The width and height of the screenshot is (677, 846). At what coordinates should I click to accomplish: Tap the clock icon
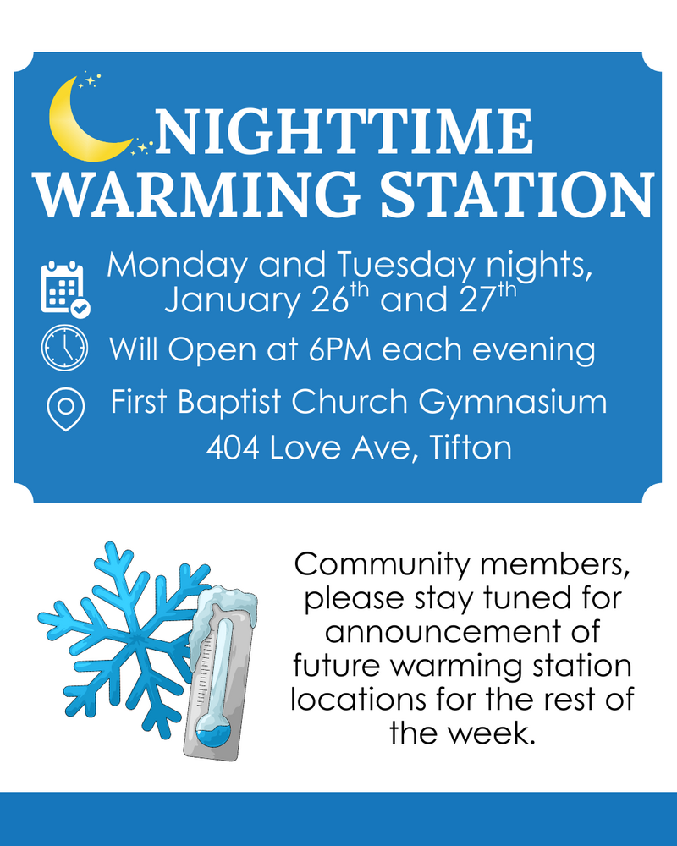(64, 348)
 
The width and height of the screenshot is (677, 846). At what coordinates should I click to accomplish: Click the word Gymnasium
(513, 404)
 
